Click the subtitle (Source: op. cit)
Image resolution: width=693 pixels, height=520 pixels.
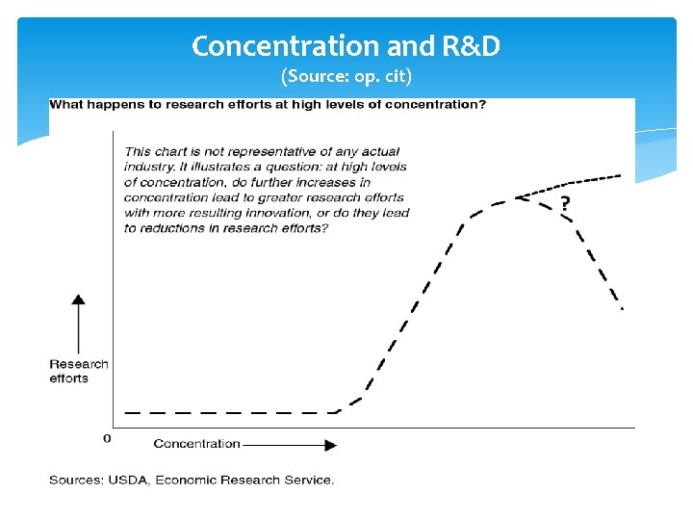click(x=346, y=75)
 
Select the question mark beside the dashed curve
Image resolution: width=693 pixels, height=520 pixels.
click(x=564, y=203)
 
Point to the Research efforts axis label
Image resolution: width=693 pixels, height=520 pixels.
click(x=79, y=371)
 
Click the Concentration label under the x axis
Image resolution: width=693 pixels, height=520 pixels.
click(x=196, y=444)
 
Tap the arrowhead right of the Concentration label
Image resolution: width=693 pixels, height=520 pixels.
click(x=330, y=445)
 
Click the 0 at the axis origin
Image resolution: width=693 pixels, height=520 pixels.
click(x=107, y=438)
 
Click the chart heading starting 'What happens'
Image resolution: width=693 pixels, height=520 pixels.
click(x=268, y=104)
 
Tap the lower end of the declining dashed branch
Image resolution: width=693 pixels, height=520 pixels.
click(x=621, y=307)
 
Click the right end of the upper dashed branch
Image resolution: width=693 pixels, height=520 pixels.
click(x=621, y=176)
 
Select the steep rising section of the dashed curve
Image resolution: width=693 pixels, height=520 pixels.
click(x=414, y=308)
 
